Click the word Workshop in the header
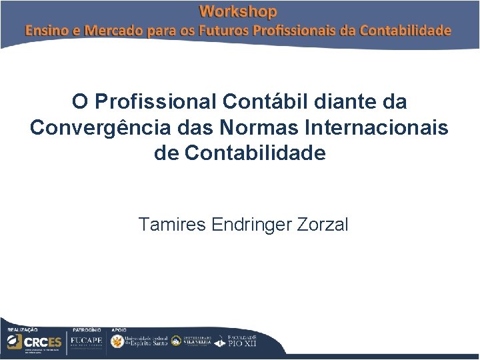238,11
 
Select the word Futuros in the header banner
222,31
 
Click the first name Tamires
172,225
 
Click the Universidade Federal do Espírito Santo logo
139,341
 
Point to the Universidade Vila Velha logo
193,341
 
